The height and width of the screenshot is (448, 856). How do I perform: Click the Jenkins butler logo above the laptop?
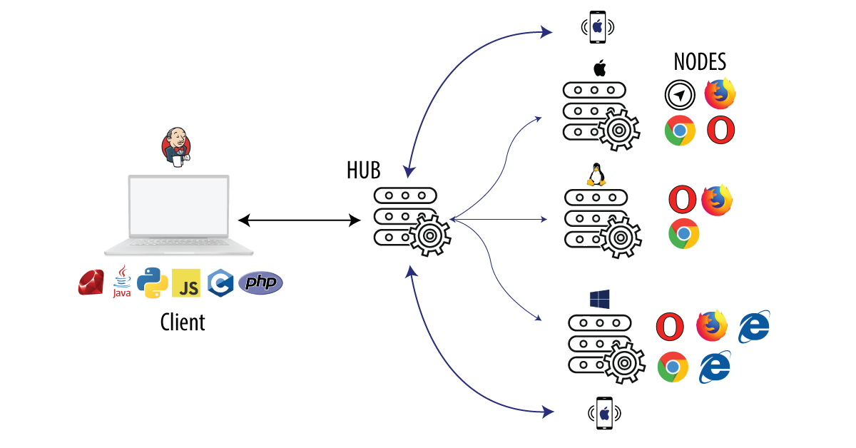coord(176,146)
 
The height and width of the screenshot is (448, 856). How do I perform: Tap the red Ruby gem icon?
coord(91,282)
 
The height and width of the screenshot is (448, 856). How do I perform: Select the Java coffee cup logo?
coord(122,281)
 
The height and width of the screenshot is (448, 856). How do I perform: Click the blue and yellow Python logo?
coord(153,282)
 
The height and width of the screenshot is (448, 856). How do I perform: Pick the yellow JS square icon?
coord(186,283)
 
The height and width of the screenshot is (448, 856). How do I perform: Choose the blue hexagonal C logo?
coord(220,283)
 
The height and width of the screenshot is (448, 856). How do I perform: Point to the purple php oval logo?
coord(260,283)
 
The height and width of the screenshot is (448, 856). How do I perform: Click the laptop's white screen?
coord(179,207)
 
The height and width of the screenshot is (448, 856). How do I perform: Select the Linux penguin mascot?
coord(596,176)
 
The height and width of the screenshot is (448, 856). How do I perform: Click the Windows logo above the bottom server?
coord(599,299)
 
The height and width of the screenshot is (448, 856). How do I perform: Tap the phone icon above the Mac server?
coord(598,27)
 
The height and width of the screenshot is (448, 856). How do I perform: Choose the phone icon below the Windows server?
coord(604,413)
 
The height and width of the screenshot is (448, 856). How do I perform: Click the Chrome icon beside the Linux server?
coord(683,233)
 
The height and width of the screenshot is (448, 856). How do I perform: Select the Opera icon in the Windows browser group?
coord(670,327)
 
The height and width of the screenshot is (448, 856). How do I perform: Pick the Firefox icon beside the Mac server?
coord(720,93)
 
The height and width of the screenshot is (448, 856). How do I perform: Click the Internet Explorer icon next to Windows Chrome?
coord(715,367)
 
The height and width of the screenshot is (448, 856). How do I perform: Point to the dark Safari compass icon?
coord(680,95)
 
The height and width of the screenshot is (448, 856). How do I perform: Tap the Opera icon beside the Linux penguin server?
coord(683,199)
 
